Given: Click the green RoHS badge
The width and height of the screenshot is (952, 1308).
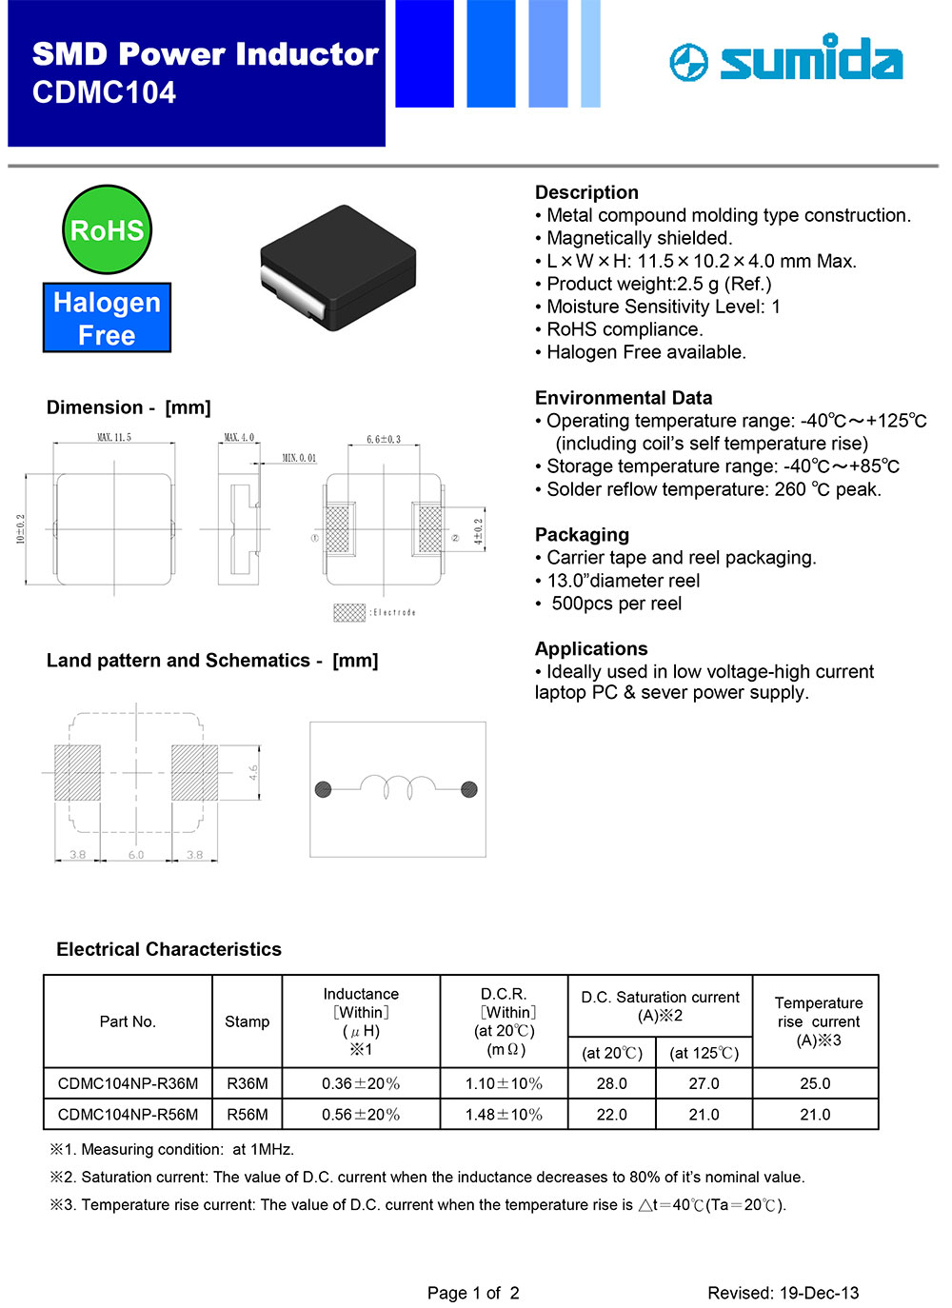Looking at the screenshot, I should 107,229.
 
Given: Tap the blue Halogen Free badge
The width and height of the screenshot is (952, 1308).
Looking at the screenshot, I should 107,318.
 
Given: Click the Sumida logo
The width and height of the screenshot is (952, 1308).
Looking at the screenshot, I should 786,60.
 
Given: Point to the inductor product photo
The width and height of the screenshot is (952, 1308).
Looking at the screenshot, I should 338,268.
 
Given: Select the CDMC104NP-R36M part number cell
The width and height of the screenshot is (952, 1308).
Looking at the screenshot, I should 128,1083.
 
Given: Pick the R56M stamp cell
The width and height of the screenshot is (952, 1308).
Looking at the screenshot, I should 248,1114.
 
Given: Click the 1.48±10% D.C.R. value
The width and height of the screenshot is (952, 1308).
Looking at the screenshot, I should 504,1114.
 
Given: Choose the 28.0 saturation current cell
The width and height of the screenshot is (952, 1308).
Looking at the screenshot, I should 611,1083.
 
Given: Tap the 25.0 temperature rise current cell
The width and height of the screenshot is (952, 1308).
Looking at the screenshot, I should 815,1083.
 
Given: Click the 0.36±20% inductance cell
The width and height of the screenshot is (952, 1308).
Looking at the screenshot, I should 361,1083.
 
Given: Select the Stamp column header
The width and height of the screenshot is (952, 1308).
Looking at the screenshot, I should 248,1021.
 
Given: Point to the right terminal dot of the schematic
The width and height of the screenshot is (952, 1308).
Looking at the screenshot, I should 468,788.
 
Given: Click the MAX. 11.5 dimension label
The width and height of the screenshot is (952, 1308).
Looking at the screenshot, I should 114,438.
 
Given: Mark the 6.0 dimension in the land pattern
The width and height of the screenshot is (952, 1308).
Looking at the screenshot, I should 136,855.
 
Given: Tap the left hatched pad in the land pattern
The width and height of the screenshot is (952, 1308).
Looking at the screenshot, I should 77,772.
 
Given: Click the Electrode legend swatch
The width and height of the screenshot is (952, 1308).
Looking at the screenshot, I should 349,612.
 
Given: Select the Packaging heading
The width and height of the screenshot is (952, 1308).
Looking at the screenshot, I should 582,535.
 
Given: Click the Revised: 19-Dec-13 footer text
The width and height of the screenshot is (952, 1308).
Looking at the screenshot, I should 783,1293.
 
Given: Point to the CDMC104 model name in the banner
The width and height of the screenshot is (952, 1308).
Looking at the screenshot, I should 104,93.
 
